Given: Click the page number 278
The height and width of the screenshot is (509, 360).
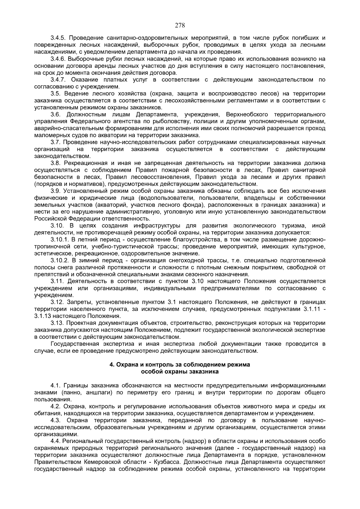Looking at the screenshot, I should point(180,25).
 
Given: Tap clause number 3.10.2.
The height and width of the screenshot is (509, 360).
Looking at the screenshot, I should point(59,261).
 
